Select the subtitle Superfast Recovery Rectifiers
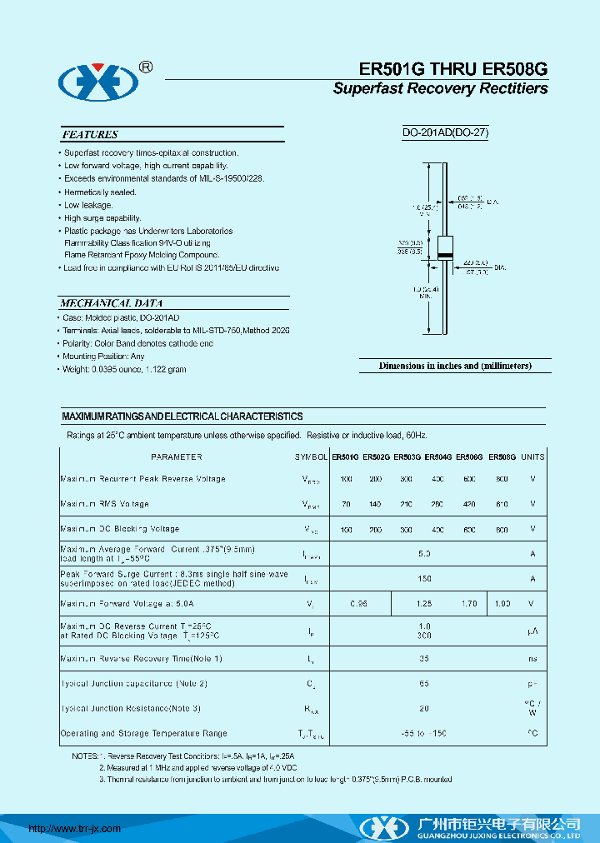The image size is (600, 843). (x=440, y=89)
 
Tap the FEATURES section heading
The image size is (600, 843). (x=90, y=134)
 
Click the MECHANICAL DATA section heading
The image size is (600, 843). (x=112, y=303)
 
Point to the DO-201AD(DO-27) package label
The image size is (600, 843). (x=444, y=132)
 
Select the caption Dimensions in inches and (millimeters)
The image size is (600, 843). (x=454, y=366)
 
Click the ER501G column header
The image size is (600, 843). (x=345, y=456)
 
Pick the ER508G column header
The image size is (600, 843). (x=502, y=456)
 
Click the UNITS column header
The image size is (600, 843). (x=532, y=456)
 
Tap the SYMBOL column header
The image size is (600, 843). (x=311, y=456)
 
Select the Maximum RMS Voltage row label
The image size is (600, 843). (x=104, y=504)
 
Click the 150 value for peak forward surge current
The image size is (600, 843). (x=424, y=578)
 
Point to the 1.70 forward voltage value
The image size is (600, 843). (x=470, y=603)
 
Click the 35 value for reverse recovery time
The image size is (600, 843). (x=424, y=659)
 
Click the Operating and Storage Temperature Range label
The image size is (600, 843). (x=143, y=734)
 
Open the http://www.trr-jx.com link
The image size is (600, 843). (x=75, y=829)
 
